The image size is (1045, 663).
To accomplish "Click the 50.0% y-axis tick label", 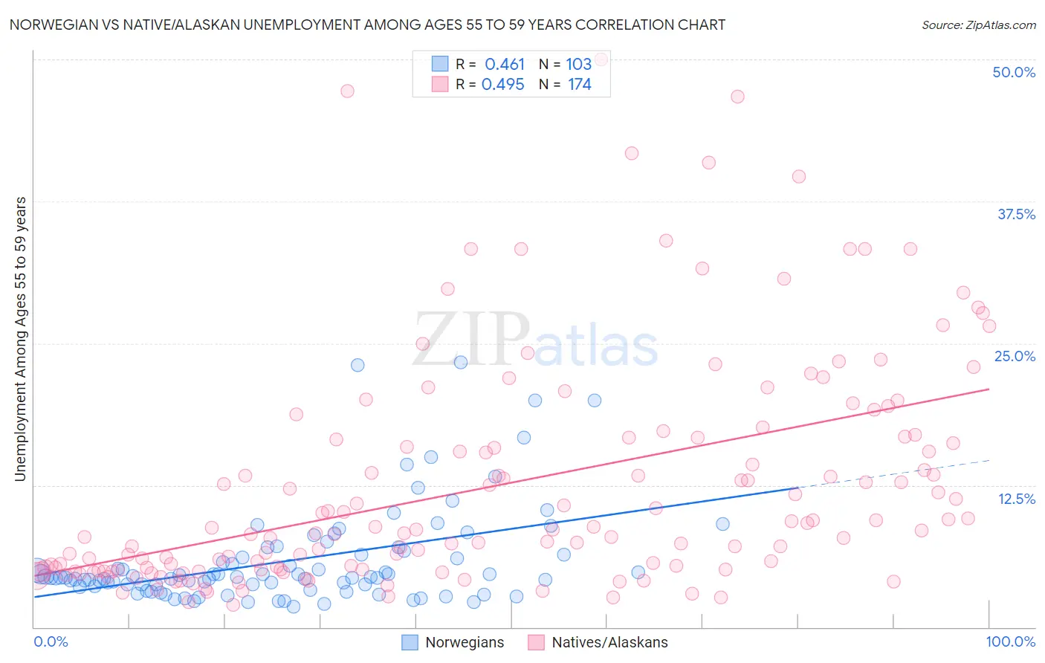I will (1014, 72).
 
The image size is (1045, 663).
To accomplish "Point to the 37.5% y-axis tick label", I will (1016, 214).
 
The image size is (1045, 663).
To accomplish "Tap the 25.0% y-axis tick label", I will (1015, 356).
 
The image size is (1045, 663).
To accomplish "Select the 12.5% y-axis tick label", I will (1016, 499).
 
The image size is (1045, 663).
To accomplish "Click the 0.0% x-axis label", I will (51, 641).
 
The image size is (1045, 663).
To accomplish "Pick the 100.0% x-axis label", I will (1010, 641).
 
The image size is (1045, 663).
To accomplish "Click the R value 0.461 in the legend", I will (505, 65).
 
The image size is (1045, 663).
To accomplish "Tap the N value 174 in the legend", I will (580, 85).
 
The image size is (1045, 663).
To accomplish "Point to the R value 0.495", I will (503, 85).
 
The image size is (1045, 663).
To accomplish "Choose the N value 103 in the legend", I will (578, 65).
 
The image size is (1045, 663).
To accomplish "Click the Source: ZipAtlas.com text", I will (978, 25).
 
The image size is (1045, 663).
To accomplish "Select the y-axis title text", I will (21, 339).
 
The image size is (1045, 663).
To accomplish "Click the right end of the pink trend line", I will (989, 389).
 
